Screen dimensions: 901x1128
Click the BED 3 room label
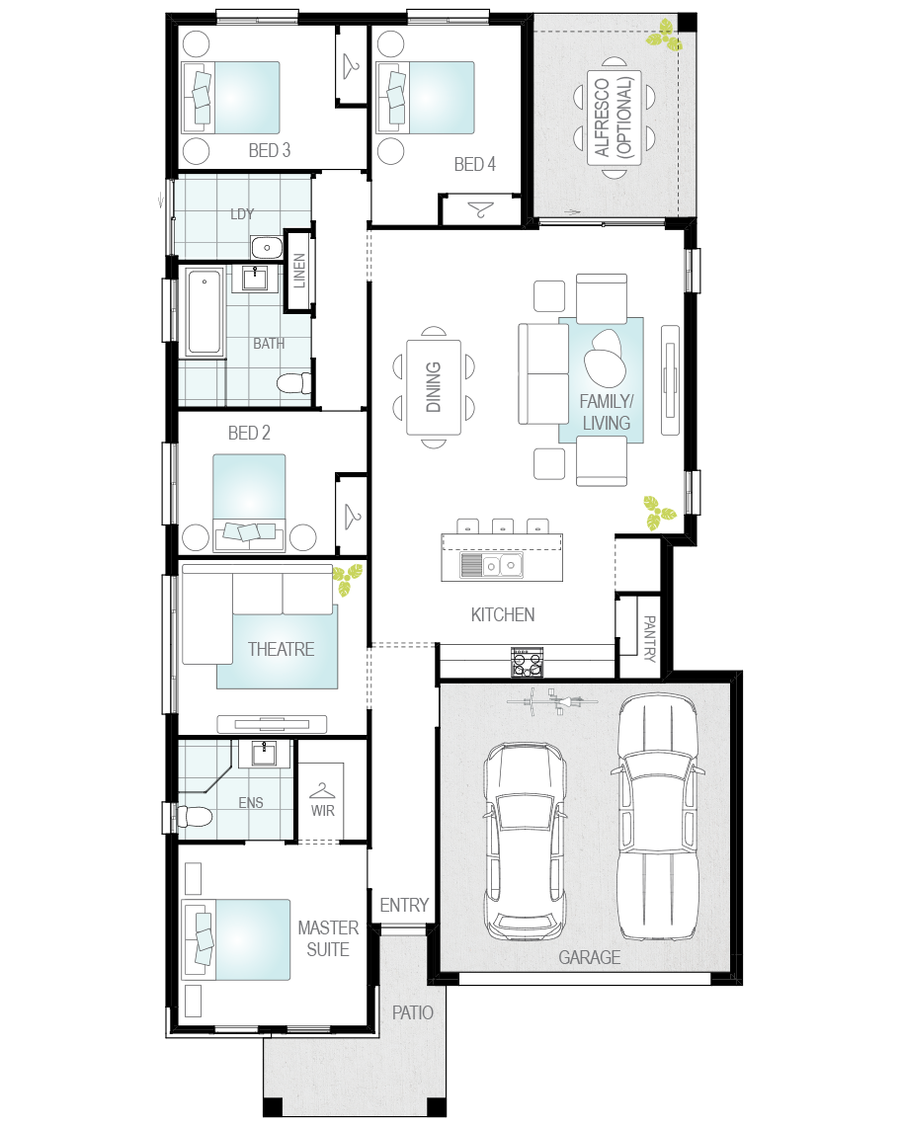click(269, 150)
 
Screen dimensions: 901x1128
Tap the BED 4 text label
click(474, 164)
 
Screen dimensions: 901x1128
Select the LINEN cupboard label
click(299, 271)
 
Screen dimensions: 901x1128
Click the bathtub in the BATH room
click(205, 311)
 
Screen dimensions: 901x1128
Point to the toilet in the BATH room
click(295, 382)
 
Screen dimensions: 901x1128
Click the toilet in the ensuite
click(195, 816)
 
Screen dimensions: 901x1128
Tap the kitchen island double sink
click(492, 565)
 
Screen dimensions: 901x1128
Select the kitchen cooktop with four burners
click(528, 662)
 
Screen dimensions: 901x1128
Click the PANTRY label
click(648, 638)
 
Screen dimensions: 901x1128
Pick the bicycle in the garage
click(551, 701)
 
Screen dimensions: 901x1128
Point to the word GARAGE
click(590, 957)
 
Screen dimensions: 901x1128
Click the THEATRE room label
click(281, 649)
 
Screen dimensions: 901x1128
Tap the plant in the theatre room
click(348, 580)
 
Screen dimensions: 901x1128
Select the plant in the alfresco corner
click(664, 36)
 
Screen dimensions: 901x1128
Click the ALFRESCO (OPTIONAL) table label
click(614, 117)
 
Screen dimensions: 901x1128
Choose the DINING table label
click(434, 387)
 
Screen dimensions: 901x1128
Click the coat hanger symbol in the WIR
click(322, 790)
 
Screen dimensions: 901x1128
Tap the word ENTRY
click(404, 905)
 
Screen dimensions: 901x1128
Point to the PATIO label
click(412, 1012)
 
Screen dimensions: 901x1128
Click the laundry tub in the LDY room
click(267, 248)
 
